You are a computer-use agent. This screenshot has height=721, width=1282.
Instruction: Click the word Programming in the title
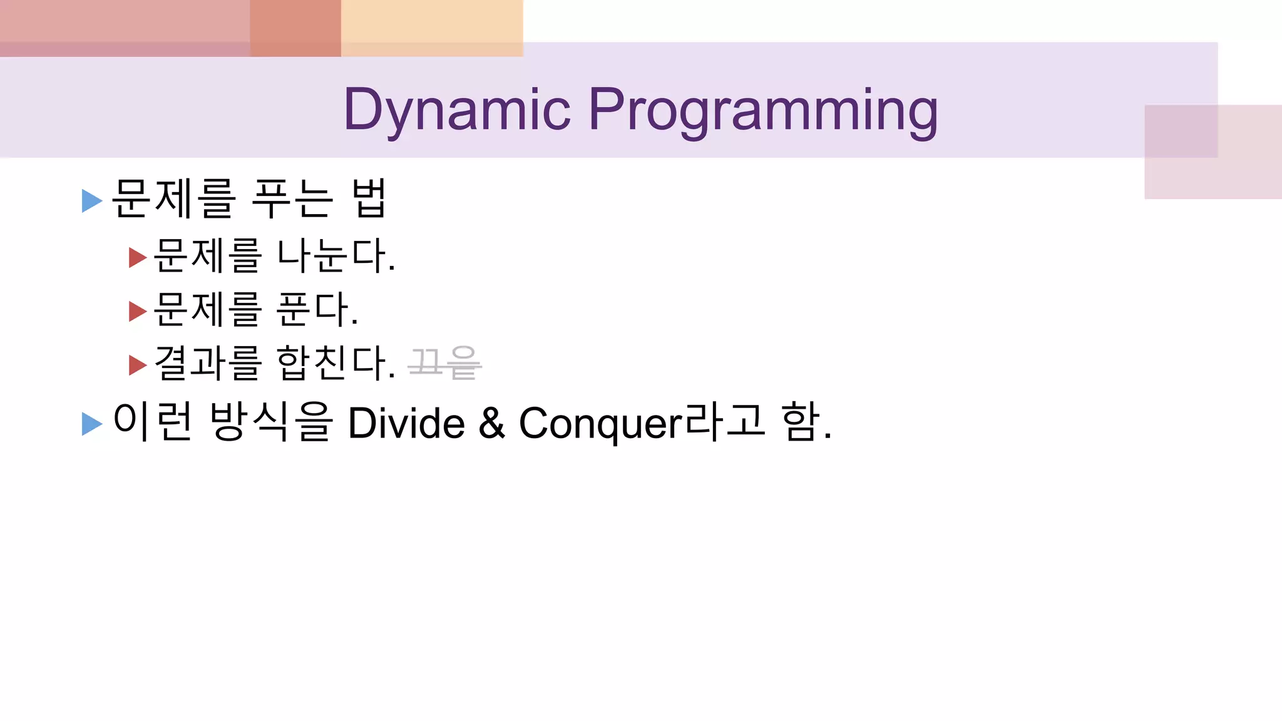coord(762,111)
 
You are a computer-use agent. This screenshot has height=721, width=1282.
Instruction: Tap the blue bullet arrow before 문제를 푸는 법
coord(91,201)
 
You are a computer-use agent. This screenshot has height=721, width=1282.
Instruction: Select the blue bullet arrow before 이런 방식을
coord(91,424)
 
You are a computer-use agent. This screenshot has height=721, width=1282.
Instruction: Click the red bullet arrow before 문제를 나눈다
coord(137,257)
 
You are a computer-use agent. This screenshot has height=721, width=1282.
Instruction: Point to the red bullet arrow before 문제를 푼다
coord(137,311)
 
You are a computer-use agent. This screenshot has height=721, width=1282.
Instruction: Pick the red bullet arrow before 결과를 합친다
coord(137,365)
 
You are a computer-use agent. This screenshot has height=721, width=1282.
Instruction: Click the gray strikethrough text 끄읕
coord(444,363)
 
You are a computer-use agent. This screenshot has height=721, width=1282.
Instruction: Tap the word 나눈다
coord(336,255)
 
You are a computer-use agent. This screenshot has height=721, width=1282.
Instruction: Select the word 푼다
coord(317,309)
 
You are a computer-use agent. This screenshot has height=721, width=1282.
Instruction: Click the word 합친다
coord(336,363)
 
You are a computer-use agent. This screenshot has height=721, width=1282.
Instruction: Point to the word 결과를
coord(207,363)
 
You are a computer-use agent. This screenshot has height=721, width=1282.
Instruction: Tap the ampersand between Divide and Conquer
coord(491,423)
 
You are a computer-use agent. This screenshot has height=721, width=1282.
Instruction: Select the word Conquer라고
coord(642,423)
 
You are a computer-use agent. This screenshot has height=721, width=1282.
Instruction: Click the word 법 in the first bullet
coord(369,198)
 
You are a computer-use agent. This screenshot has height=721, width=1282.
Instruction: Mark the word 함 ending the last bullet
coord(801,422)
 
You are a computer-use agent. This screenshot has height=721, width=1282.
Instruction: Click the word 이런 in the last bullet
coord(153,422)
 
